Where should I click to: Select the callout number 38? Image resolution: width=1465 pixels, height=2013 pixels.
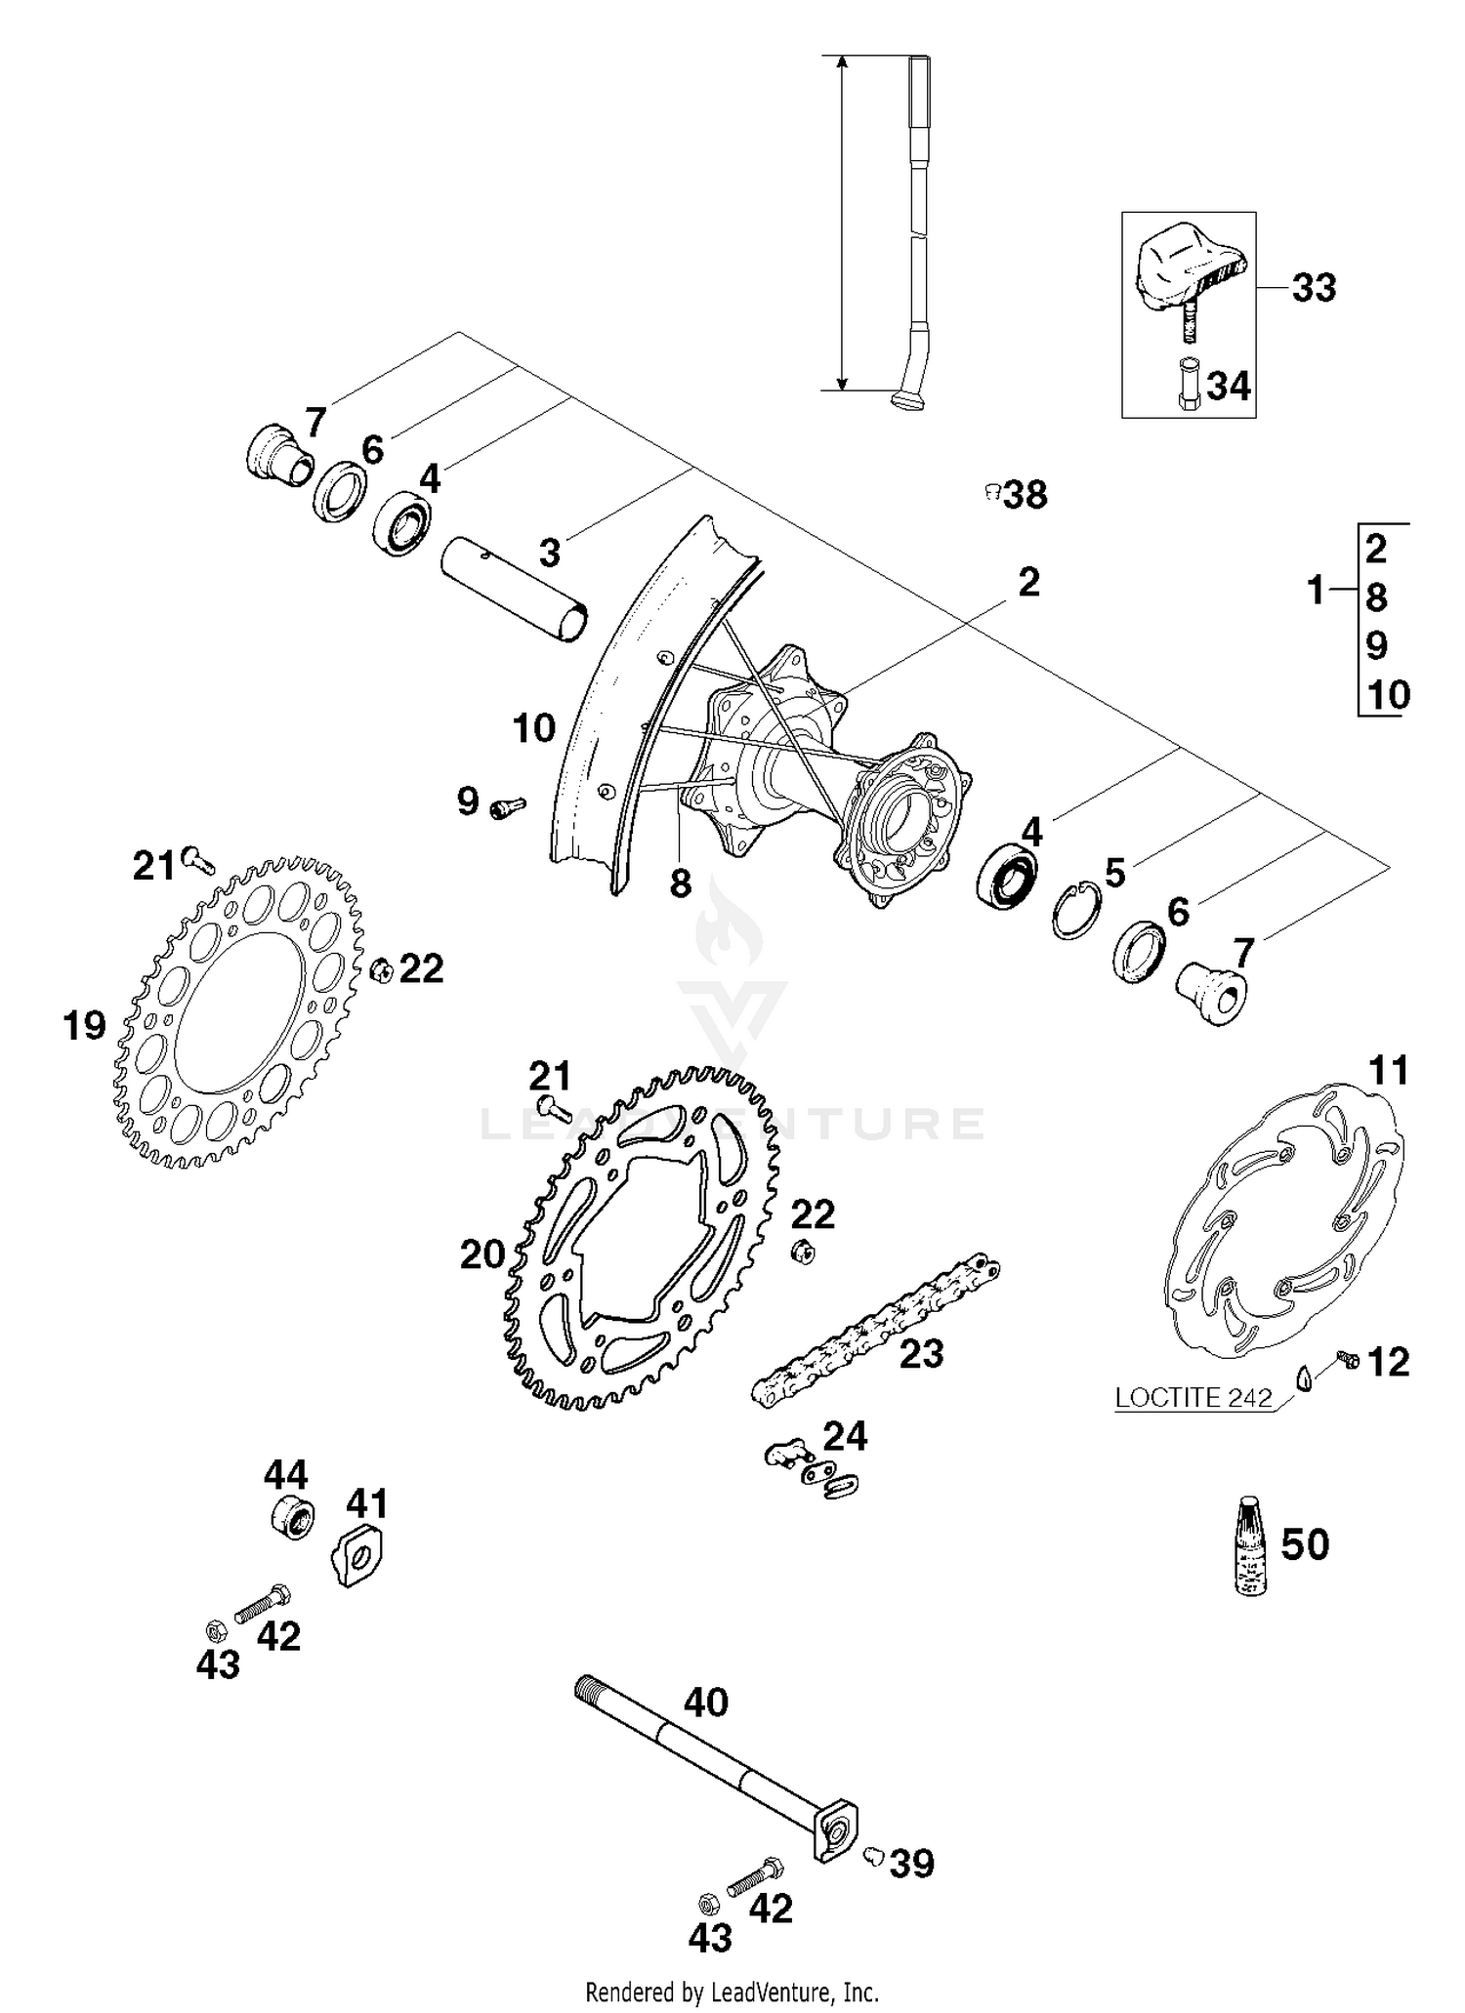click(1025, 495)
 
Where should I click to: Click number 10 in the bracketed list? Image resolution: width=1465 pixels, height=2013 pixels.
click(1388, 695)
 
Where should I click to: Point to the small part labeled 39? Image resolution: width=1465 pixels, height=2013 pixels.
click(873, 1854)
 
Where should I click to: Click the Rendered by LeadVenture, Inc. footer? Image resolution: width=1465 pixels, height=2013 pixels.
click(732, 1992)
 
